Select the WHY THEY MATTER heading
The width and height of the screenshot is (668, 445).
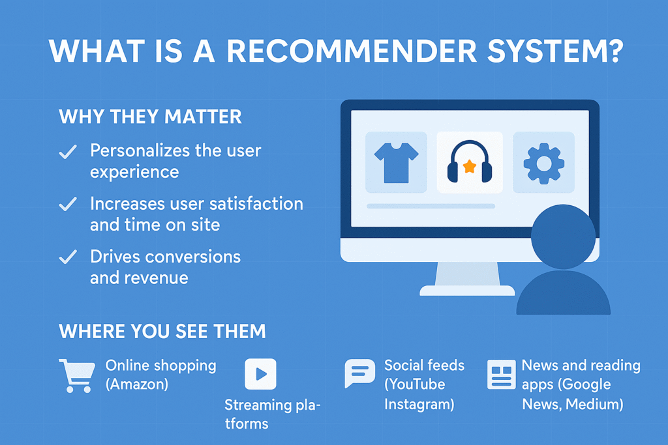(150, 117)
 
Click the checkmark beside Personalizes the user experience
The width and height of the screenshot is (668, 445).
(67, 152)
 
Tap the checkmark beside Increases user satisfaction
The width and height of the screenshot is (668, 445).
(67, 205)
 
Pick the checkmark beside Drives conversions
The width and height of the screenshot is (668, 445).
(67, 257)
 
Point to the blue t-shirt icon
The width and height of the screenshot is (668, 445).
(396, 162)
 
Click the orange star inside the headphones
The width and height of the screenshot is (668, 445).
(469, 167)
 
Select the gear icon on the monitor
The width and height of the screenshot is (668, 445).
(543, 162)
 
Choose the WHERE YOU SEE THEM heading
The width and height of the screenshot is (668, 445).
(162, 331)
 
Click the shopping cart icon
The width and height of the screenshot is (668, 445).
(76, 376)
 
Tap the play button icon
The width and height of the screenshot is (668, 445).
(260, 374)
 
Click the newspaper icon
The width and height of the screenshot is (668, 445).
(501, 375)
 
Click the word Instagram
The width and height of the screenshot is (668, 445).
(418, 404)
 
